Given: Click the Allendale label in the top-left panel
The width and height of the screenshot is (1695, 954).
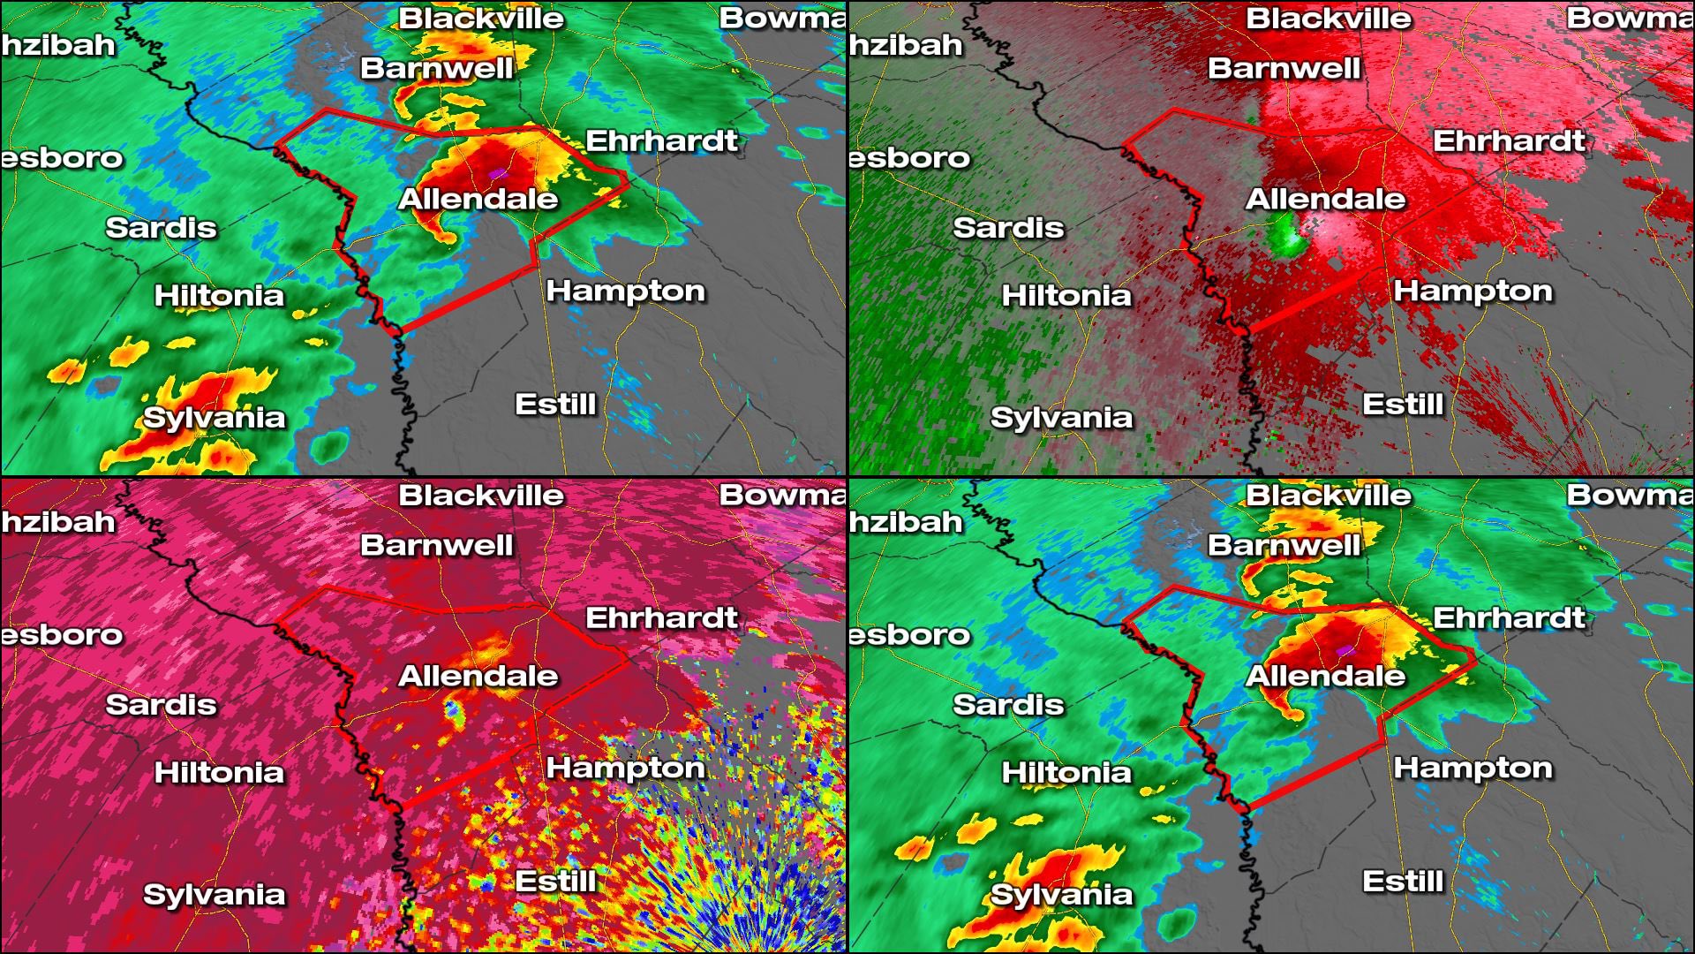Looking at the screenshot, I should (478, 199).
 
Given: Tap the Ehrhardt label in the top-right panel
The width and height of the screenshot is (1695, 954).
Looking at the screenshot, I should (1509, 140).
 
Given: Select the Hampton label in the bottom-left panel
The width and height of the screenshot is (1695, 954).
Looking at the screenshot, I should (625, 768).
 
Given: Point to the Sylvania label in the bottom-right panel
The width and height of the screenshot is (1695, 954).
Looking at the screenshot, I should (1061, 894).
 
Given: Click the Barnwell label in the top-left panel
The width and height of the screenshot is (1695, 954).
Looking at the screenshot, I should (436, 68).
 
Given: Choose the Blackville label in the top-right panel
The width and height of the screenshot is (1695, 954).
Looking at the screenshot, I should (1328, 19).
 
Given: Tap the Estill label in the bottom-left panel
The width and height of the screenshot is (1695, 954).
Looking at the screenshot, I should (555, 881).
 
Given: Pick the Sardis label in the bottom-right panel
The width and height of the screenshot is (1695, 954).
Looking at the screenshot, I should (1008, 704).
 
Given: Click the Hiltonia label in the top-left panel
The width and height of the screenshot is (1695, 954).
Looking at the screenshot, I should (219, 295).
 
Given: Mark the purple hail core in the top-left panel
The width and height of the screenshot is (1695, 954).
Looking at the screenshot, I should (499, 172).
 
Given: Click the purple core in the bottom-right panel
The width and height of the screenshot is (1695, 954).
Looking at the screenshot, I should (1345, 650).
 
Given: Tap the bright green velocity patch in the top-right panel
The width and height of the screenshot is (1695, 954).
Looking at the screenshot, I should (1286, 237).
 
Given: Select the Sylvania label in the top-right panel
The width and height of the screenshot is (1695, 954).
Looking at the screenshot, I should (1061, 417).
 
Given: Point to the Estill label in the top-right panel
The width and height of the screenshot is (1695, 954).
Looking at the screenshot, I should (1403, 405).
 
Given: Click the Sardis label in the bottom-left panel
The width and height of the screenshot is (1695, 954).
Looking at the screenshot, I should (161, 704).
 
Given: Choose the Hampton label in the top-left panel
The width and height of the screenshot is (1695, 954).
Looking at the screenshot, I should (625, 291).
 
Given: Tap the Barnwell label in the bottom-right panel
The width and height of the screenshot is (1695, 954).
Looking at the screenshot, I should (1284, 545).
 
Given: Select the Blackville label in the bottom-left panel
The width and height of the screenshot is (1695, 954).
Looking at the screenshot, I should (480, 496).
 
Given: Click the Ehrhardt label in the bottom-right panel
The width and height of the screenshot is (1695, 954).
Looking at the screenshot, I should (1509, 617).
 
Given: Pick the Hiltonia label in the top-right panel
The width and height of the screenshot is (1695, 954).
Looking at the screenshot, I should (1066, 295).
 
